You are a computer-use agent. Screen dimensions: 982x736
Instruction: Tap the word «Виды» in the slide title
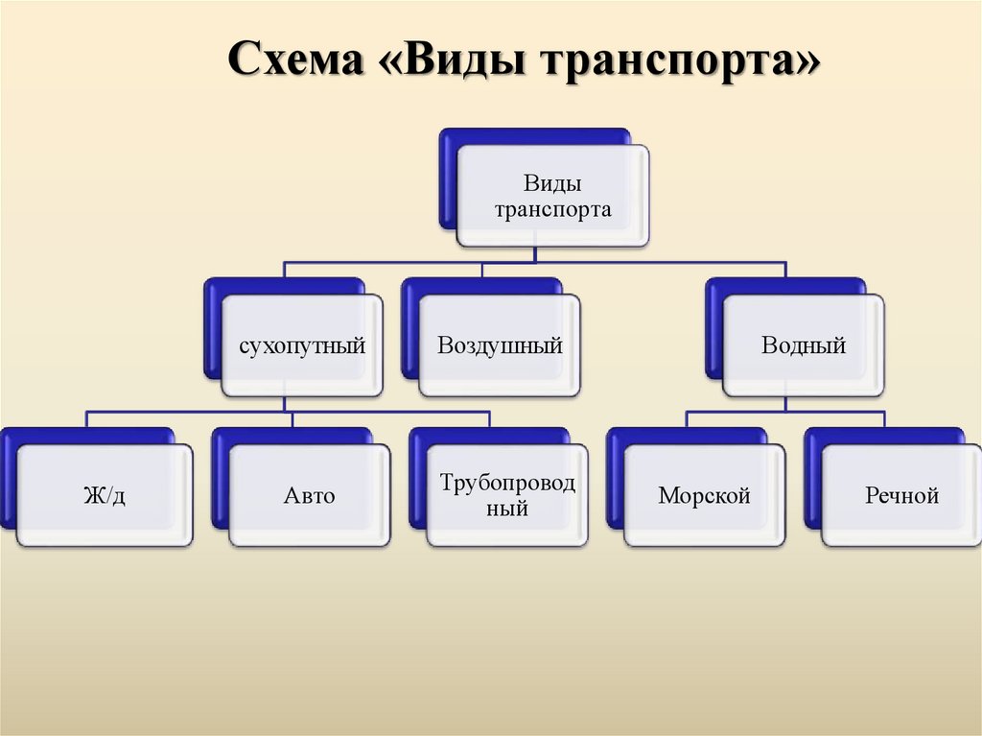coord(465,66)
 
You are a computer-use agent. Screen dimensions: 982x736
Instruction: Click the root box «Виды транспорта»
coord(552,195)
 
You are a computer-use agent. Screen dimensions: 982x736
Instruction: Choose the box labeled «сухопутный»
coord(302,346)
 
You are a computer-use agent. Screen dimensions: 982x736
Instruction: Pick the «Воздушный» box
coord(500,346)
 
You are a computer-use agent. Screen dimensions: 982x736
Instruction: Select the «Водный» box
coord(804,346)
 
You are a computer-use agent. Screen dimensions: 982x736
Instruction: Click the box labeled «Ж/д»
coord(104,496)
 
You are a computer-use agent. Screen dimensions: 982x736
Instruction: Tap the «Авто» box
coord(310,496)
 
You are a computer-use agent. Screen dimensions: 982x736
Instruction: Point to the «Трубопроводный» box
coord(507,496)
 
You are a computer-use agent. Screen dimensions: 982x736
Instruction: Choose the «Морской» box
coord(704,496)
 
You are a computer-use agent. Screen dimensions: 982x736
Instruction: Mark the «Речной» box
coord(901,496)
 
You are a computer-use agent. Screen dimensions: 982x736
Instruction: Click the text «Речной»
coord(901,496)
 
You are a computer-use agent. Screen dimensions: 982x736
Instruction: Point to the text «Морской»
coord(704,496)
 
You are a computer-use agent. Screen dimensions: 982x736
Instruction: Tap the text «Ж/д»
coord(104,496)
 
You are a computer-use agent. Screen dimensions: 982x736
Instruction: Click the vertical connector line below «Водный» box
coord(784,404)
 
